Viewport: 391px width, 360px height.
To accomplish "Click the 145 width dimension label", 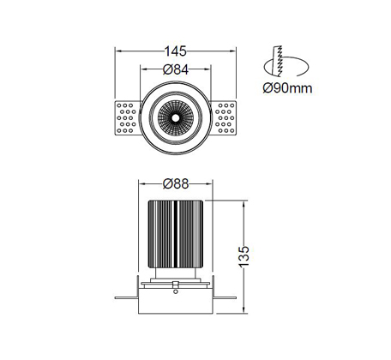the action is (x=175, y=51).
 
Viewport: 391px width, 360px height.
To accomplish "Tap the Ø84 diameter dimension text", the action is (x=176, y=69).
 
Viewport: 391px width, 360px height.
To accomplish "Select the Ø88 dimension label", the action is (x=176, y=184).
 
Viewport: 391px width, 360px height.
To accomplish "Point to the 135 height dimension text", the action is (x=244, y=256).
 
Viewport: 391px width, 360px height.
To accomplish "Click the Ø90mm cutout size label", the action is (x=287, y=88).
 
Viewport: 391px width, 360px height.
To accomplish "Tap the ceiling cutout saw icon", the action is (x=286, y=61).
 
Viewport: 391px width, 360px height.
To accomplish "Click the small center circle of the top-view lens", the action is (x=176, y=117).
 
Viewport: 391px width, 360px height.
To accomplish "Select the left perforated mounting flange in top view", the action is (x=128, y=117).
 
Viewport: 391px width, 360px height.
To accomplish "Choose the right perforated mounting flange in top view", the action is (x=223, y=117).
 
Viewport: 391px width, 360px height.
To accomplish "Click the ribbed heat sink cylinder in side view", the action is (x=176, y=234).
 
